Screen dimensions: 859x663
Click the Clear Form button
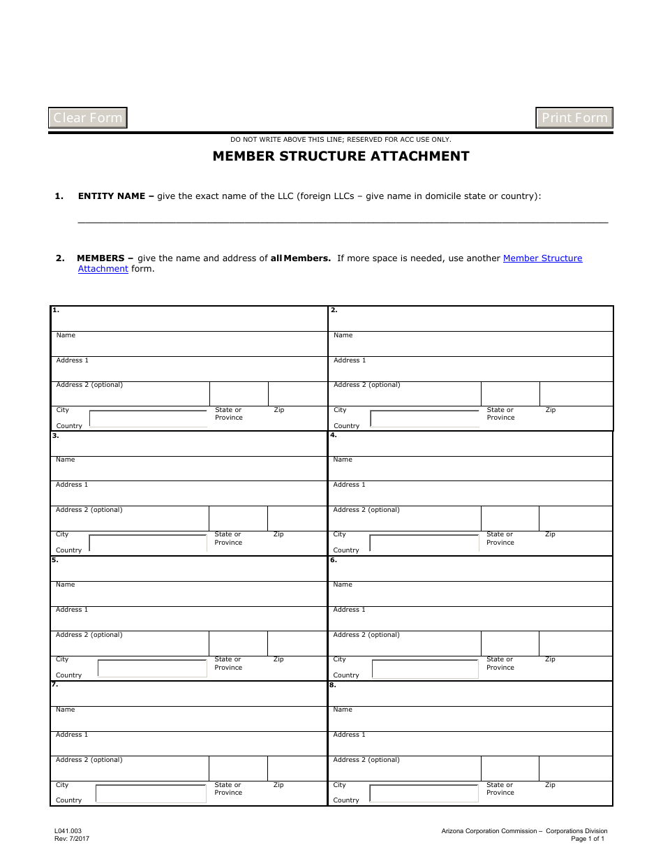click(x=88, y=118)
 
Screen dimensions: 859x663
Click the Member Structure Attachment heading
click(x=341, y=156)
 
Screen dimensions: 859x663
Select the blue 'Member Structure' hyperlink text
click(x=542, y=258)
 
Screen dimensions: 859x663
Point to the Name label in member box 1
click(x=66, y=335)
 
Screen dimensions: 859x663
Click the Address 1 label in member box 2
click(x=350, y=360)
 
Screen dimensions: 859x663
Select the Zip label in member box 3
click(x=278, y=534)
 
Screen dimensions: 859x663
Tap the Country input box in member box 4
click(x=424, y=543)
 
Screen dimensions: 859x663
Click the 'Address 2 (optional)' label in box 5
click(x=89, y=635)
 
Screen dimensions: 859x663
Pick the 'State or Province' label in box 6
click(x=500, y=663)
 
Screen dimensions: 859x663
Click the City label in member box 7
click(x=62, y=785)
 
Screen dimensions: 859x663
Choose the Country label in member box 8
click(x=346, y=800)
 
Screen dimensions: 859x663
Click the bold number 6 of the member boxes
click(x=333, y=560)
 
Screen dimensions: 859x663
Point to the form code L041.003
click(x=68, y=831)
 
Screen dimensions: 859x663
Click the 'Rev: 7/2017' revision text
click(x=72, y=839)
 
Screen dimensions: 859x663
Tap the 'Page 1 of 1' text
click(x=588, y=839)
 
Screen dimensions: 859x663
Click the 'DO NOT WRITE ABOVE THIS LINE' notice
click(x=341, y=140)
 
